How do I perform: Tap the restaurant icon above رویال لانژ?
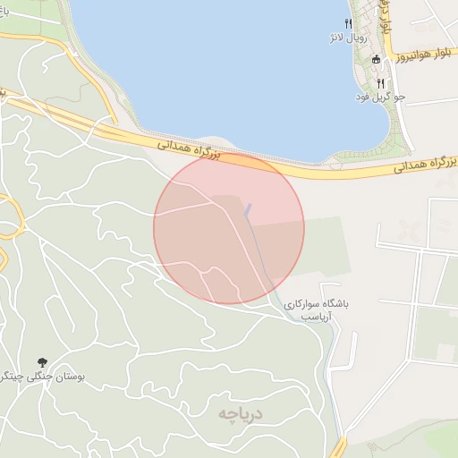(348, 24)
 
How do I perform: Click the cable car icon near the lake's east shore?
(377, 59)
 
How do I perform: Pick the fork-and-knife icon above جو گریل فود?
(380, 83)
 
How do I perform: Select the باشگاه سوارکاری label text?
(318, 304)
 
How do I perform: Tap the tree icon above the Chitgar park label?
(42, 361)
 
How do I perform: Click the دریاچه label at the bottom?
(242, 413)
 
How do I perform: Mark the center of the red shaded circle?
(229, 228)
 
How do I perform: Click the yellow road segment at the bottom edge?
(339, 446)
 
